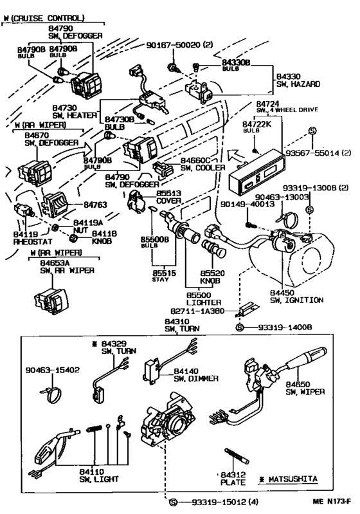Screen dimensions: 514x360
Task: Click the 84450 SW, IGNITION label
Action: [296, 295]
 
